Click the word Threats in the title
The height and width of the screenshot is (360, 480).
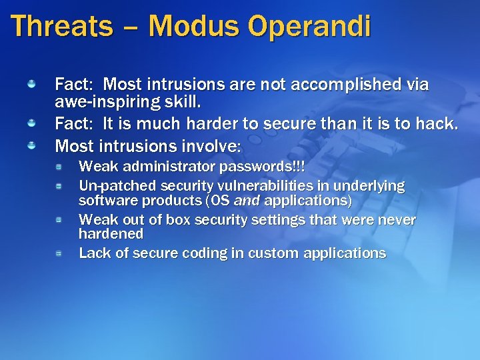62,27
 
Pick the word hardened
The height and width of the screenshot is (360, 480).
111,234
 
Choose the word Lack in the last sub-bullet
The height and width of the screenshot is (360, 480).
93,253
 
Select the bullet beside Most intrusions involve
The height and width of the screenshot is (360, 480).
31,144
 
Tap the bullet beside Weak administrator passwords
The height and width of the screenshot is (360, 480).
59,165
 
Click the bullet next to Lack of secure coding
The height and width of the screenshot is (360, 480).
59,253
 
